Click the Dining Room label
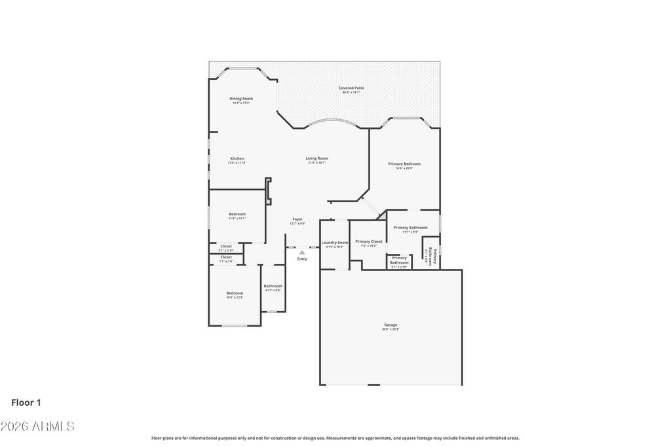pos(241,99)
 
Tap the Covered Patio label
pos(351,88)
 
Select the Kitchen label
pos(237,158)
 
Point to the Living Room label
pos(317,158)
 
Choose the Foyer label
pos(297,219)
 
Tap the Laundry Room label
pos(334,243)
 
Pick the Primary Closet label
pos(369,241)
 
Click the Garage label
pos(391,325)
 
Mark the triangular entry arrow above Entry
pos(302,252)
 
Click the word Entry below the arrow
pos(302,259)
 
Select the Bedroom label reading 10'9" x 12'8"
pos(235,293)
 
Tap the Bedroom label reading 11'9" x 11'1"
pos(237,214)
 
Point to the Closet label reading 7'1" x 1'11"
pos(226,246)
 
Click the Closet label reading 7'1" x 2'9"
pos(226,257)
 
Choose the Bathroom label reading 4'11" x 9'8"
pos(273,286)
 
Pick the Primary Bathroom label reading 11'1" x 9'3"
pos(410,228)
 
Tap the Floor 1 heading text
pos(26,402)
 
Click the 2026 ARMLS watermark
pos(37,427)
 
